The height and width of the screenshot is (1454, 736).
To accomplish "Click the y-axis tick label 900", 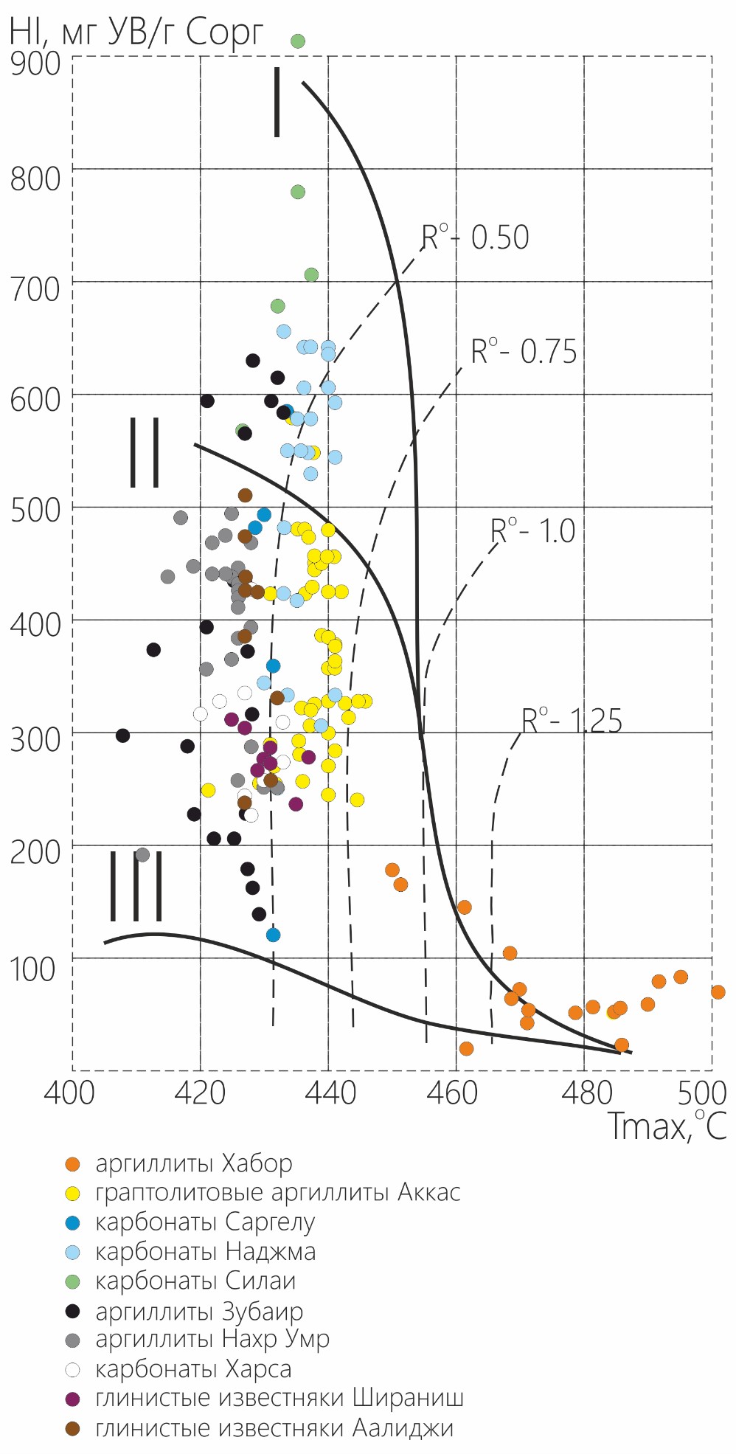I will (x=35, y=63).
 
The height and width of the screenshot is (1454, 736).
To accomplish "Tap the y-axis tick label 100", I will (x=32, y=969).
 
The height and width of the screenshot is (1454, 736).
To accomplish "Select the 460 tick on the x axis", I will (x=456, y=1092).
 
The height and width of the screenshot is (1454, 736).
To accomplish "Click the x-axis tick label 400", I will (x=69, y=1092).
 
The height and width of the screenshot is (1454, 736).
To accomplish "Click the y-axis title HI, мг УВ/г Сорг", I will (x=136, y=31).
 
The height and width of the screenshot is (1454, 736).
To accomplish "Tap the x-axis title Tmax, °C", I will (x=667, y=1126).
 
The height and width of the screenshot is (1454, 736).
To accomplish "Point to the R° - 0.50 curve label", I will (x=476, y=238).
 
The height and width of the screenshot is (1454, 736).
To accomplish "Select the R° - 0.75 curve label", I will (x=524, y=352).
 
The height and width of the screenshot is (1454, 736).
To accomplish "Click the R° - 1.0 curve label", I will (x=533, y=531).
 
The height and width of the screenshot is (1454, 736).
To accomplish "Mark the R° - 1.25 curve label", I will (x=572, y=721).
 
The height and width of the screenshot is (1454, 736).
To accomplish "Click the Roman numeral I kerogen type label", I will (x=277, y=102).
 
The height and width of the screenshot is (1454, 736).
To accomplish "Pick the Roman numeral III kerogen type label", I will (x=136, y=885).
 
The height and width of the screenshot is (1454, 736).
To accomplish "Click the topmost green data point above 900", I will (x=298, y=41).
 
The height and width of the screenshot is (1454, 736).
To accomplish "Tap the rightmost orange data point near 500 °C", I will (x=718, y=992).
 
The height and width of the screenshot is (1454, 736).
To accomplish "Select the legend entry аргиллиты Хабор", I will (x=194, y=1164).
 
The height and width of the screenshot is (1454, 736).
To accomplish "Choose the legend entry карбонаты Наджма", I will (x=205, y=1252).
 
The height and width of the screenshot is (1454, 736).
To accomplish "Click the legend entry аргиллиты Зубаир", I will (x=199, y=1312).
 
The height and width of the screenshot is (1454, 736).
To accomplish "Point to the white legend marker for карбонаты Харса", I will (x=72, y=1370).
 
